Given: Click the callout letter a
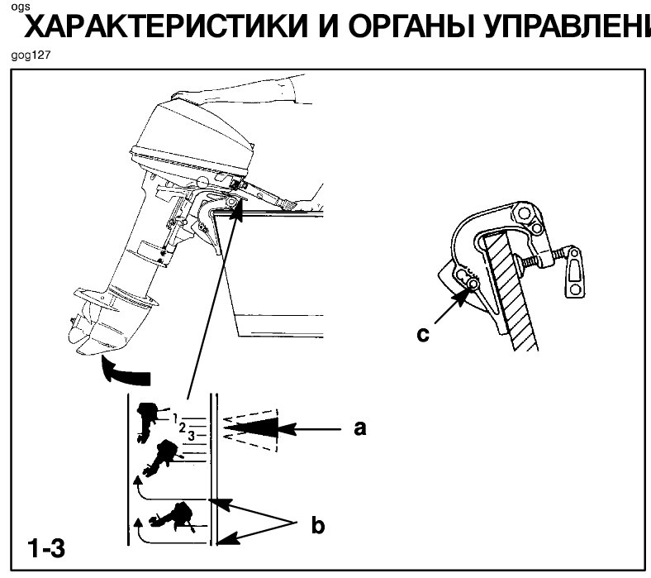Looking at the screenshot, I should click(359, 428).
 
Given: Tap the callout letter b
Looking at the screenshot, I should click(317, 523).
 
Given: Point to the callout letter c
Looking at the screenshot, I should click(424, 334).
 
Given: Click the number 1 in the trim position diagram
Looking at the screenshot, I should click(175, 415).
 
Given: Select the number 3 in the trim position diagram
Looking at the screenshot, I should click(191, 434).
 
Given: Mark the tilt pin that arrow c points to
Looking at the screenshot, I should click(473, 285).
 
